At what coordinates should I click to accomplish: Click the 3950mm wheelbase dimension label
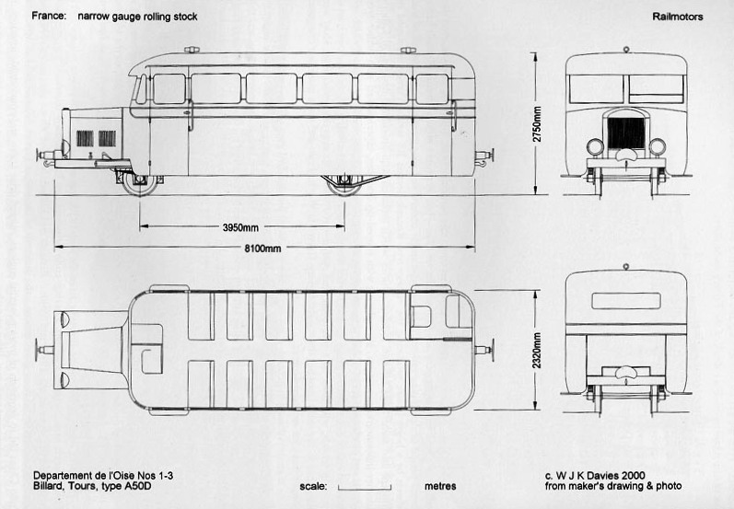[240, 228]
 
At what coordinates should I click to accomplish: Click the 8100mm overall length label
[262, 249]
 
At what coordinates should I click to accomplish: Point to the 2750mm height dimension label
[537, 124]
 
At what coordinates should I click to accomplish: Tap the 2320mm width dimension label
[537, 351]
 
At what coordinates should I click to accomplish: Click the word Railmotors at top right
[677, 17]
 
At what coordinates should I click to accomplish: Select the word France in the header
[49, 16]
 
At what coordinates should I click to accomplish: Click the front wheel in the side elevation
[139, 183]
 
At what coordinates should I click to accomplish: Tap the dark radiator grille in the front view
[626, 133]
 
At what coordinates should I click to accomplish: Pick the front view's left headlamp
[595, 147]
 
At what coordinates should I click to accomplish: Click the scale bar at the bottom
[365, 488]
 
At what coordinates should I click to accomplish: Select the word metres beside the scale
[440, 486]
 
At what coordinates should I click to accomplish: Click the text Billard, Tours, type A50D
[92, 486]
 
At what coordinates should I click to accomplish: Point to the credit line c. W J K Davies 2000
[595, 475]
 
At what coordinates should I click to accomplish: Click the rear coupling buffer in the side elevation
[485, 156]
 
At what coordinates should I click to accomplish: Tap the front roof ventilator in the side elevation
[192, 50]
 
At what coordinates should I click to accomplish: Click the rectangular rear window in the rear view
[626, 301]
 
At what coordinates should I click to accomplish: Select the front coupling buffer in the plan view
[45, 349]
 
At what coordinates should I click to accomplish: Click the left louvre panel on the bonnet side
[85, 138]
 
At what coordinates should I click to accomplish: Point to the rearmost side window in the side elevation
[432, 89]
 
